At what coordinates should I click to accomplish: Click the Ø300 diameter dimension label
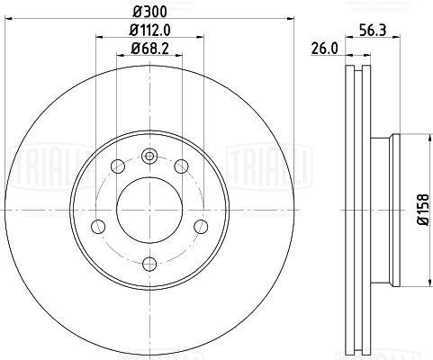coord(149,12)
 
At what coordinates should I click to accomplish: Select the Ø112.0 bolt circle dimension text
coord(149,30)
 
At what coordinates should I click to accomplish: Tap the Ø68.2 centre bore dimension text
coord(149,48)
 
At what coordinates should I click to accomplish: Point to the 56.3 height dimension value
coord(374,30)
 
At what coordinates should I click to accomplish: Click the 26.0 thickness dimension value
coord(324,49)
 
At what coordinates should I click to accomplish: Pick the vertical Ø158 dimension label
coord(424,210)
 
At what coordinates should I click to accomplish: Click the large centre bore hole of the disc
coord(149,210)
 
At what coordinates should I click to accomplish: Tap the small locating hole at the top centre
coord(149,156)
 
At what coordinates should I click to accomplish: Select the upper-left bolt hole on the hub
coord(118,166)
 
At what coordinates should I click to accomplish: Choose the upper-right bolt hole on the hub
coord(181,166)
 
